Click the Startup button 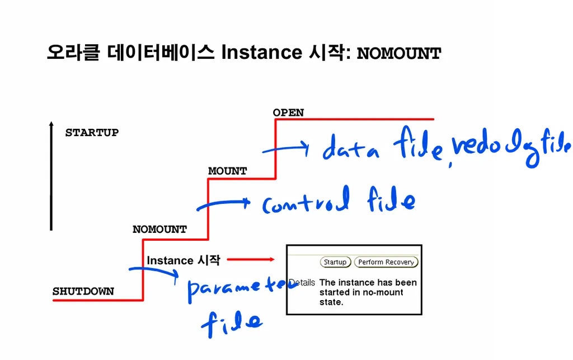point(335,262)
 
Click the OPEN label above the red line point(288,113)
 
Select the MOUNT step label point(227,171)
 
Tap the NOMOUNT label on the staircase point(159,230)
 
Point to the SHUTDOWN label point(83,291)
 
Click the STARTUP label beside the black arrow point(92,133)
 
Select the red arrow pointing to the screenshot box point(250,259)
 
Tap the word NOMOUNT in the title point(399,54)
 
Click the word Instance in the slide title point(261,53)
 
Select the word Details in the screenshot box point(302,283)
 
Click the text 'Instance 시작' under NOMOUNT point(184,260)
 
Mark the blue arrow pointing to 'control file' point(223,204)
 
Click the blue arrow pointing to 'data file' point(285,148)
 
